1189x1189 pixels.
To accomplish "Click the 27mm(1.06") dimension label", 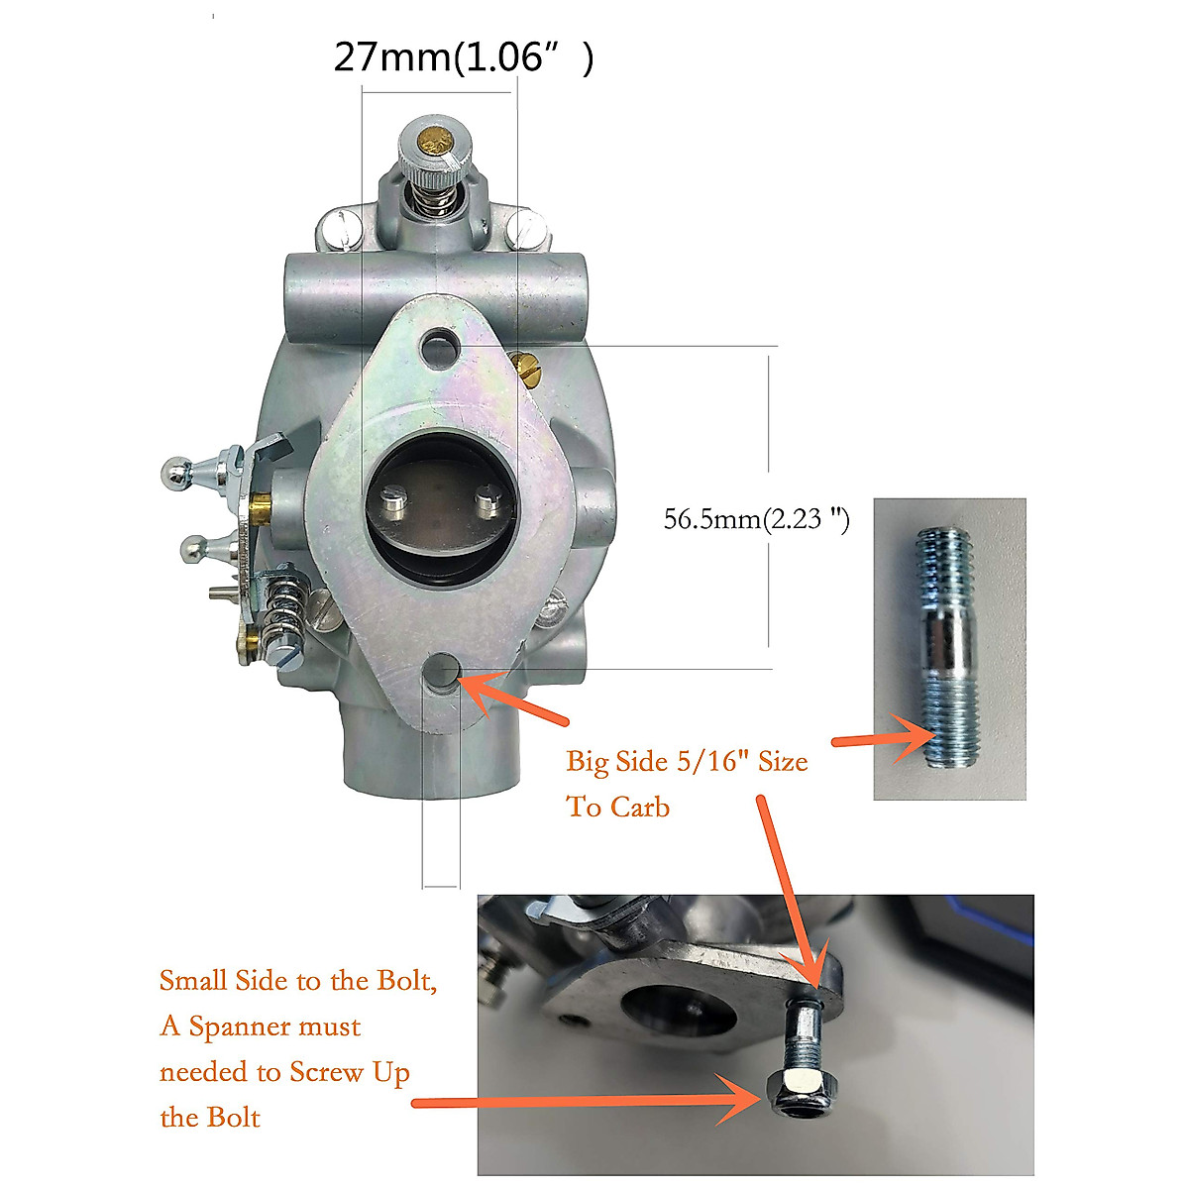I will (463, 57).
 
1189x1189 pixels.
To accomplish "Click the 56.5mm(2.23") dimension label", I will (756, 518).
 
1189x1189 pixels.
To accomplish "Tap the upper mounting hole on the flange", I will (440, 347).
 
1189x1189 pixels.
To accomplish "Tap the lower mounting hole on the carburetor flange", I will (442, 672).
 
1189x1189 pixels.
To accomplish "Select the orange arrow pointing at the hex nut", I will (585, 1100).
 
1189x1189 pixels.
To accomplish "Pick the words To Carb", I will (617, 807).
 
